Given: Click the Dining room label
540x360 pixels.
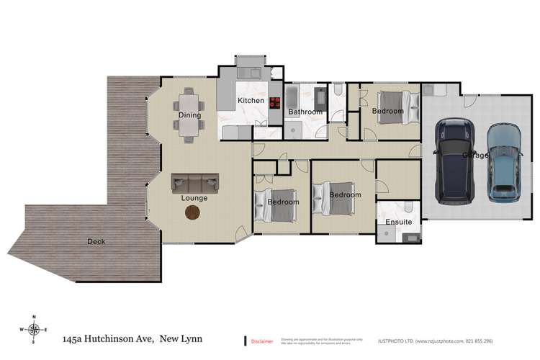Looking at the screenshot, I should [x=190, y=115].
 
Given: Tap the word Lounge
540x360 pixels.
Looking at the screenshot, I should [x=194, y=198].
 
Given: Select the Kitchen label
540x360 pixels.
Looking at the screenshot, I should [x=251, y=101].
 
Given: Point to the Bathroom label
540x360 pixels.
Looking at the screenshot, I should [x=305, y=112].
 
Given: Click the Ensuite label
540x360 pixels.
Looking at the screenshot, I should [x=399, y=222].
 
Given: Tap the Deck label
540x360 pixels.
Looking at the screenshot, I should [x=96, y=242].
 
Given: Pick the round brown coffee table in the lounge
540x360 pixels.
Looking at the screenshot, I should [x=193, y=212].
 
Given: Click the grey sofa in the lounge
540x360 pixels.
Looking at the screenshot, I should [x=194, y=183].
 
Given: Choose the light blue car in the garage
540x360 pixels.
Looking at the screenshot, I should [x=503, y=162].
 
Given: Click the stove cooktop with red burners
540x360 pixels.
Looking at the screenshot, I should [x=276, y=102].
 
